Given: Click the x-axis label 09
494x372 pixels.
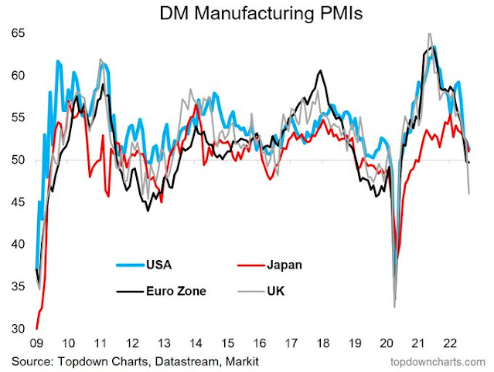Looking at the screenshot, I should pyautogui.click(x=36, y=343).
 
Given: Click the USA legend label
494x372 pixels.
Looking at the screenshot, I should pyautogui.click(x=159, y=265).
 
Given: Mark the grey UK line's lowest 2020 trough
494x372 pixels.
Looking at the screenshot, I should pyautogui.click(x=394, y=306).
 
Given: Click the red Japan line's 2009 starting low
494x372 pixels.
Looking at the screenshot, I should pyautogui.click(x=36, y=328).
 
